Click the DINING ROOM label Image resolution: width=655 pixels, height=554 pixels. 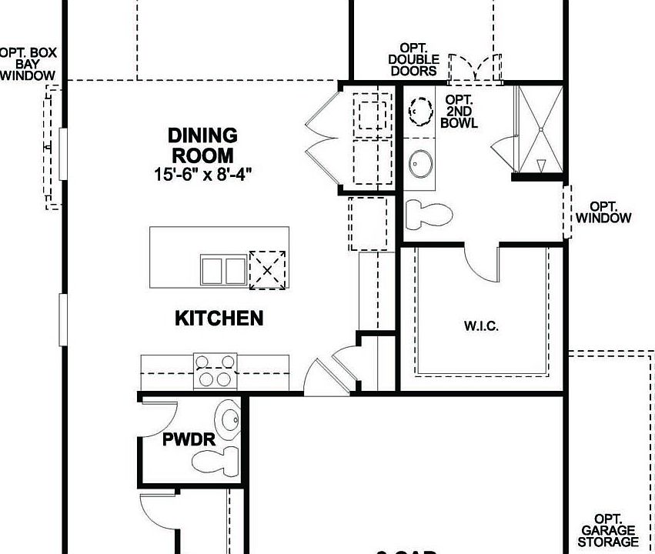(202, 145)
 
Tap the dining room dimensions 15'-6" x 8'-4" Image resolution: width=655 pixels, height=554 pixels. (202, 174)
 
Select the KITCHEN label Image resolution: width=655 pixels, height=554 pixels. (219, 318)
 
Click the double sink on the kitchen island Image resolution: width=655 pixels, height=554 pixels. (223, 270)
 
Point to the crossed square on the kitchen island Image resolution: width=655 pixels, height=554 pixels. (267, 269)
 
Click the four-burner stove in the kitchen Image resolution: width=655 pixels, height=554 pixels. (215, 370)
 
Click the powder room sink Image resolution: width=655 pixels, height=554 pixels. (229, 420)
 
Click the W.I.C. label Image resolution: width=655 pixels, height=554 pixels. (481, 326)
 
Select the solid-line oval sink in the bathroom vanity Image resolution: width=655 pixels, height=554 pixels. (420, 163)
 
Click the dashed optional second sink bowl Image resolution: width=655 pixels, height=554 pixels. (420, 112)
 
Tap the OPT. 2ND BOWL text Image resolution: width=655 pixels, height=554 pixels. (460, 112)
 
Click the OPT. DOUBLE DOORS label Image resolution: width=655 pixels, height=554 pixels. (413, 60)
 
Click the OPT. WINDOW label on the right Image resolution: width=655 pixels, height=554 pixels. (610, 212)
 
